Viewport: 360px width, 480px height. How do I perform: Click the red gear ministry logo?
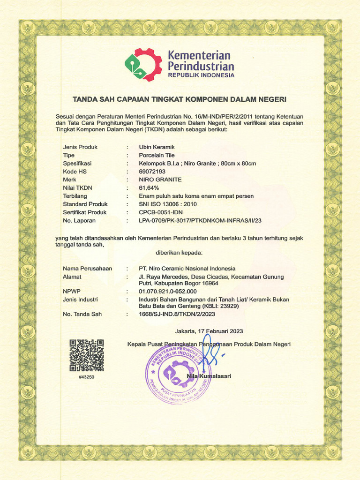143,65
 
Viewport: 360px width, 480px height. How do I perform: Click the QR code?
86,355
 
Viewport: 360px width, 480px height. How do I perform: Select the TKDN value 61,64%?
150,187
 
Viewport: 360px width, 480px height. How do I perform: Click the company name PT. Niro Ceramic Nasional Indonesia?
187,269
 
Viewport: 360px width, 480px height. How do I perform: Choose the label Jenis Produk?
80,147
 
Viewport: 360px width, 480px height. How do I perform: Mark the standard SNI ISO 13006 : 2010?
168,204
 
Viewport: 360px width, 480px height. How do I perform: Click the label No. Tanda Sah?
82,314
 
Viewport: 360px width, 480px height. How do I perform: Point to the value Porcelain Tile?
157,155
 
